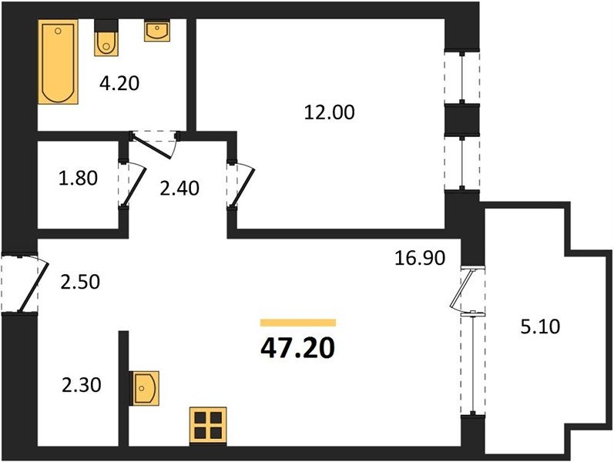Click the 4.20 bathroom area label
point(119,83)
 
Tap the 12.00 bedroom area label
point(329,112)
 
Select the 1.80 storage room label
point(78,178)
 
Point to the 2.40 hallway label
point(180,189)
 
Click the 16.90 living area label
point(419,258)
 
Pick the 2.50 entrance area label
point(80,282)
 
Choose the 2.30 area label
point(82,385)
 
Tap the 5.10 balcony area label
point(540,326)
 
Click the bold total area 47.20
point(297,348)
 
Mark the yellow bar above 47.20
point(298,323)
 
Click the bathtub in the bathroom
point(58,62)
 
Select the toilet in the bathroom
point(106,38)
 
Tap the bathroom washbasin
point(157,30)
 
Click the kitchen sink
point(145,388)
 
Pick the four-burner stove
point(208,426)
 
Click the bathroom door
point(153,146)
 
